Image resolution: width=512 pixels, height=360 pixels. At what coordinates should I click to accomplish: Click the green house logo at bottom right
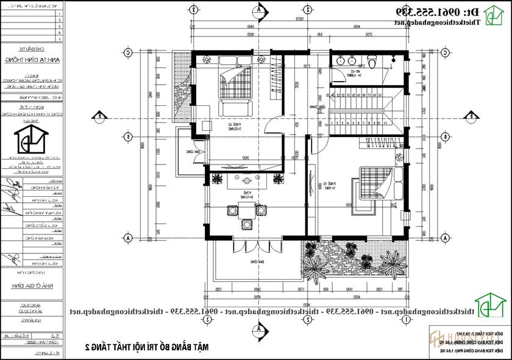point(491,309)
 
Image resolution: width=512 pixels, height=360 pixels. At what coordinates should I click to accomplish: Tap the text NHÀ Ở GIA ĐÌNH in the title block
point(30,284)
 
